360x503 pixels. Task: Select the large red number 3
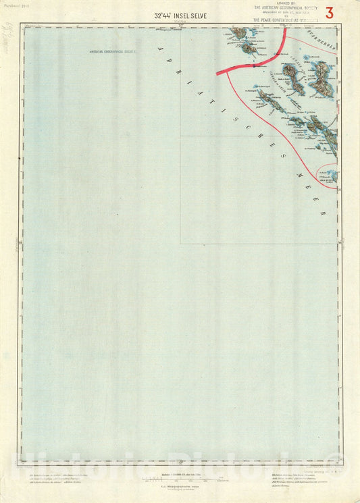329,13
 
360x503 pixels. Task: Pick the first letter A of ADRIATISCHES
160,49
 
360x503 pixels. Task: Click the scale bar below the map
179,478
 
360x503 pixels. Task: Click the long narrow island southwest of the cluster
271,102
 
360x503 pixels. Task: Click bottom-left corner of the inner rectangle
180,243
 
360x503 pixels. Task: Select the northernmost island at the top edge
239,32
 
